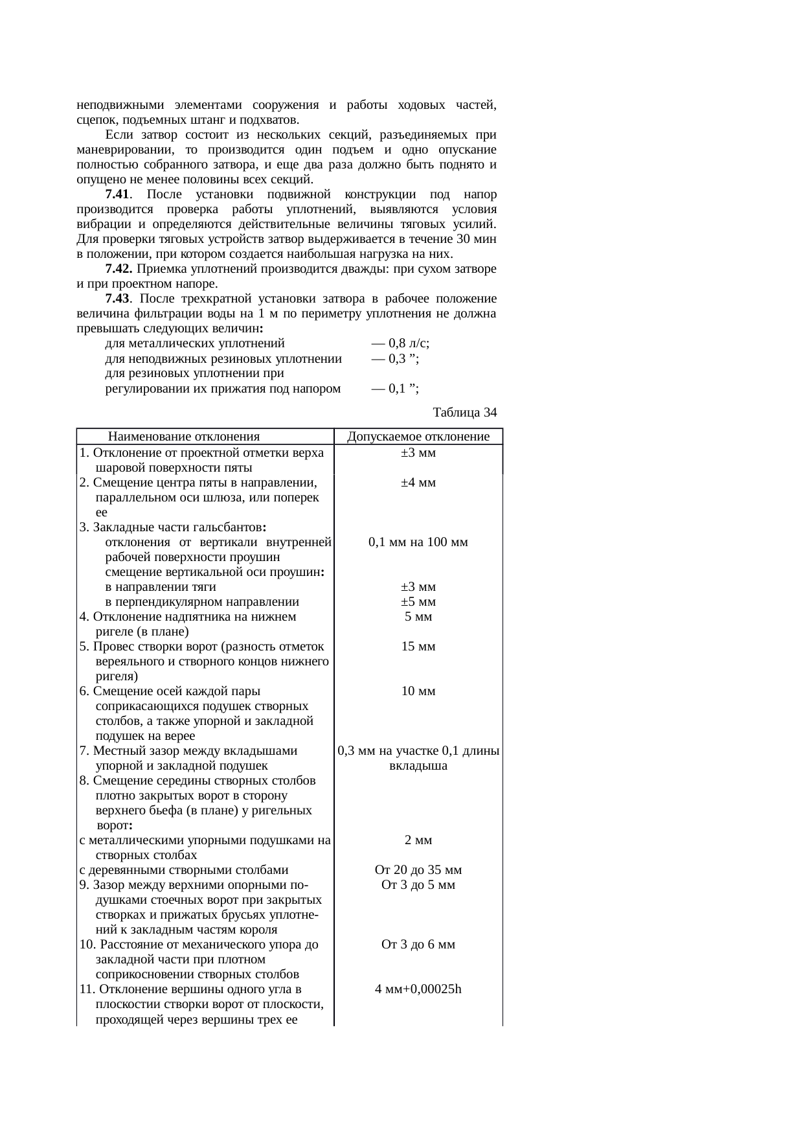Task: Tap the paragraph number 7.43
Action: click(x=119, y=299)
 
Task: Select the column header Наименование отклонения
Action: click(x=184, y=437)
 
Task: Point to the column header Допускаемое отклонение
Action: click(x=418, y=437)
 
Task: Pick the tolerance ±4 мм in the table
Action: click(x=418, y=483)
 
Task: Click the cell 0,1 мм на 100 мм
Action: click(x=418, y=542)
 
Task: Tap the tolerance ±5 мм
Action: click(x=418, y=602)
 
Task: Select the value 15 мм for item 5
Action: click(x=418, y=647)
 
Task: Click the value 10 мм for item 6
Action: click(x=418, y=691)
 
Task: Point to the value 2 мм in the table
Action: click(x=418, y=840)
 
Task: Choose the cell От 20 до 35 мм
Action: click(x=418, y=870)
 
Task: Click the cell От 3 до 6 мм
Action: click(x=418, y=945)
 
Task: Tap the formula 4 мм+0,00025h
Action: click(x=418, y=989)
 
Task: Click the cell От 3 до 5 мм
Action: click(x=418, y=885)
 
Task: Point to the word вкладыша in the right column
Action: click(x=418, y=766)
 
